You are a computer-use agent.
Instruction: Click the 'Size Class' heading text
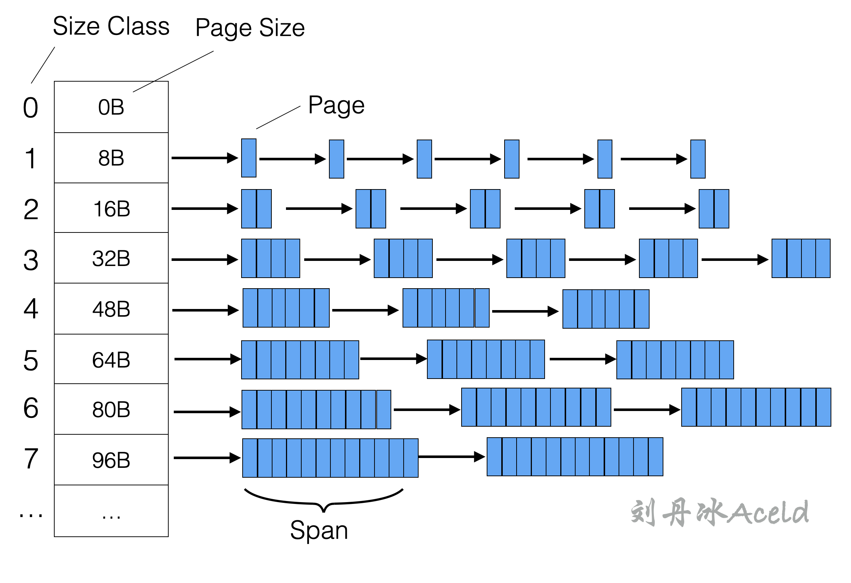(111, 26)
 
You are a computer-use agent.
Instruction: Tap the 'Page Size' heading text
(250, 28)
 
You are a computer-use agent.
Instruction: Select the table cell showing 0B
(111, 107)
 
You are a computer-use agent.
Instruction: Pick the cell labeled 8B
(111, 158)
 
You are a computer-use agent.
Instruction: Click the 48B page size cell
(111, 309)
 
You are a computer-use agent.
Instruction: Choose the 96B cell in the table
(111, 460)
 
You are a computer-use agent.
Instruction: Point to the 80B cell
(111, 409)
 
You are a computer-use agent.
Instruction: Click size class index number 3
(31, 260)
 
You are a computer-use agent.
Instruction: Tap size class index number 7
(31, 458)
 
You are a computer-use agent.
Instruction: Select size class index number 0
(31, 107)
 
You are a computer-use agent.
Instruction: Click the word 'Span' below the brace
(318, 530)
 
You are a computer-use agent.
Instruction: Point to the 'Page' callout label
(336, 105)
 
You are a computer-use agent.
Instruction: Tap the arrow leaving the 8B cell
(204, 158)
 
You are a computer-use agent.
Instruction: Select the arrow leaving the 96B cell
(207, 458)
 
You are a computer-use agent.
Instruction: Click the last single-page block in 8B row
(698, 159)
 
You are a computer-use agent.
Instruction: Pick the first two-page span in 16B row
(256, 209)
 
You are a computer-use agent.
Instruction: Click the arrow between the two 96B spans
(451, 457)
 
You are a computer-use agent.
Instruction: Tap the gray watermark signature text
(719, 512)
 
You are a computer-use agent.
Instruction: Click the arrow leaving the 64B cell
(207, 359)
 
